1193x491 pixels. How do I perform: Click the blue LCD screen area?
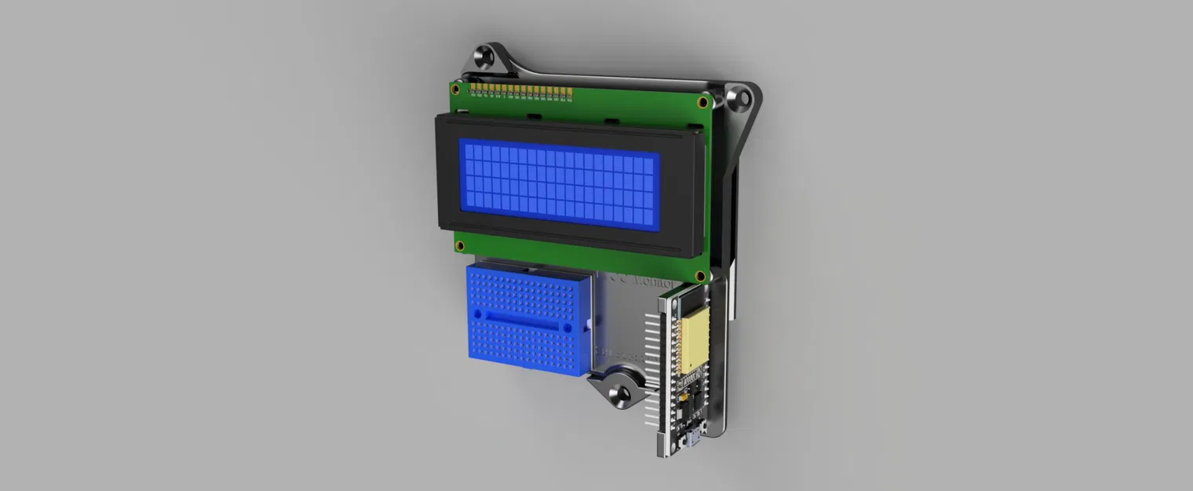click(559, 185)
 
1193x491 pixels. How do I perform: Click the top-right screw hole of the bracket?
click(737, 98)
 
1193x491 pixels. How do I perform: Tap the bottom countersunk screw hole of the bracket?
click(622, 394)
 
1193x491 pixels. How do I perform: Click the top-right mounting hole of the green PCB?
click(702, 102)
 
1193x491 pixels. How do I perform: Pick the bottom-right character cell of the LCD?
click(648, 222)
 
